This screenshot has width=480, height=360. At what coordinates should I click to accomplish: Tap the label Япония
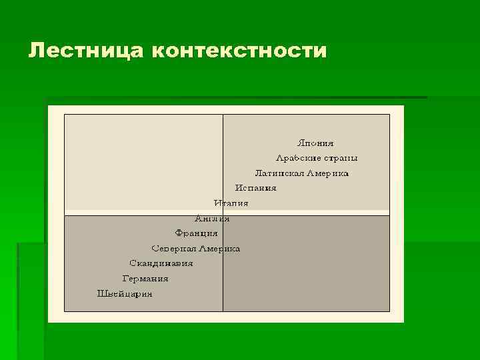[315, 143]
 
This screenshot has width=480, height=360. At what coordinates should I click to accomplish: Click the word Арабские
[298, 158]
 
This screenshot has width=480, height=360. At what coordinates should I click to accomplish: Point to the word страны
[340, 158]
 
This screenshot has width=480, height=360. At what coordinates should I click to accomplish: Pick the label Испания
[255, 188]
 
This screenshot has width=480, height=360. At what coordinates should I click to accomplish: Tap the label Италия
[231, 203]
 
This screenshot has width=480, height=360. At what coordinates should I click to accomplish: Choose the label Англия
[212, 219]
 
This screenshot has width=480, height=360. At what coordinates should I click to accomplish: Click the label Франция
[196, 233]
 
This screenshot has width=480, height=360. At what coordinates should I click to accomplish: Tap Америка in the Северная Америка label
[219, 249]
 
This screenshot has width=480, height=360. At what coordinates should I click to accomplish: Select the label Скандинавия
[161, 263]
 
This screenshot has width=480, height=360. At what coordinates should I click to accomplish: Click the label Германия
[145, 279]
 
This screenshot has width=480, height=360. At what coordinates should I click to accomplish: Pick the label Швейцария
[125, 294]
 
